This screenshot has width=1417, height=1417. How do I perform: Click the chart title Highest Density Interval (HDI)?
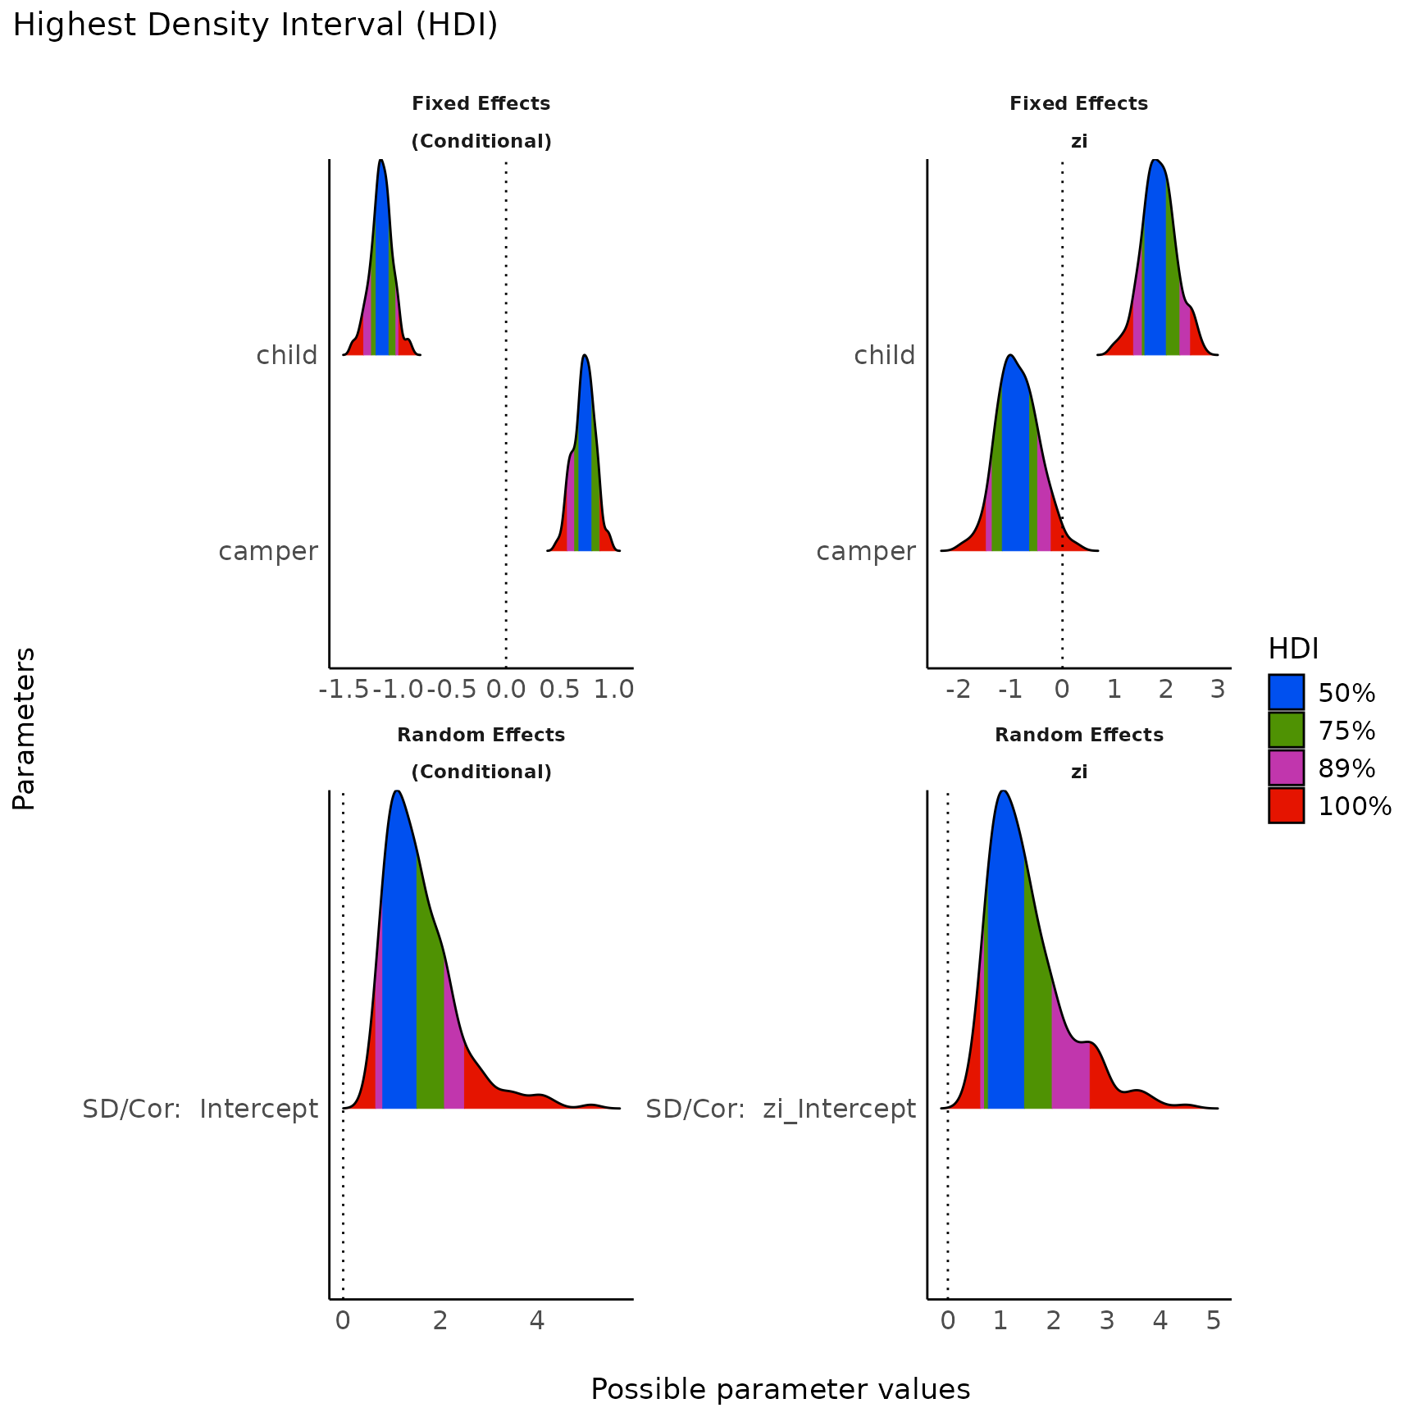255,25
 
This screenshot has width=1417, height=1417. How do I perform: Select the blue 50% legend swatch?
1286,692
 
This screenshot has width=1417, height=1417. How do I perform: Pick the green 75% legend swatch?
1286,730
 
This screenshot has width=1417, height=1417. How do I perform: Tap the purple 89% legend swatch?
1286,768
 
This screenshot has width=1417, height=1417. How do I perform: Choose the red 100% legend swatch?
1286,805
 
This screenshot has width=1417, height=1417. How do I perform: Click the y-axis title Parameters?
25,728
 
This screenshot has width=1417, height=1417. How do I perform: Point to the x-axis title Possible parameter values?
780,1389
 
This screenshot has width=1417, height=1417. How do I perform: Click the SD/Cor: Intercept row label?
200,1109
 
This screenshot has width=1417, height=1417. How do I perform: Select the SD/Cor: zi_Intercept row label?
780,1109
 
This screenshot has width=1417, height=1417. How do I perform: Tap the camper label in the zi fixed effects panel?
865,551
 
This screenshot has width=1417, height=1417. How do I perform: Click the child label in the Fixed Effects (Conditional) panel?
286,355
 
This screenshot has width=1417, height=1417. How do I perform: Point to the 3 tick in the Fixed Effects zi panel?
1218,690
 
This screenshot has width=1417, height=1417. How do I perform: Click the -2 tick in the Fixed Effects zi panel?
957,690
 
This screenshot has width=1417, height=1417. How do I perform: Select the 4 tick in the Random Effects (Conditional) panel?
536,1320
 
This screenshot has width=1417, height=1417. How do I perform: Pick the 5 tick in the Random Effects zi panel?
1214,1320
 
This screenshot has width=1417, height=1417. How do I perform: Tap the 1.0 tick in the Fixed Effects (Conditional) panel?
613,690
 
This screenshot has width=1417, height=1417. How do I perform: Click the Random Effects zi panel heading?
1079,753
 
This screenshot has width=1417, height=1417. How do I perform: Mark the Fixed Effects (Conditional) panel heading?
481,122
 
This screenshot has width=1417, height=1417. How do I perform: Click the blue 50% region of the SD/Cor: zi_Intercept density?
1005,984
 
